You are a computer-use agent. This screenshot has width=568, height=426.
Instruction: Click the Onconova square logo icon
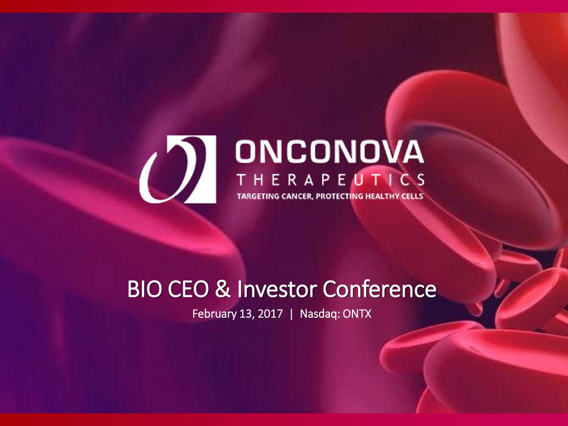tap(178, 169)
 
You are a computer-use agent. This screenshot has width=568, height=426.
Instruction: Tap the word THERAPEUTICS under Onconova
tap(330, 180)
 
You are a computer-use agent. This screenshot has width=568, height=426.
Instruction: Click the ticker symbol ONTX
tap(357, 315)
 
